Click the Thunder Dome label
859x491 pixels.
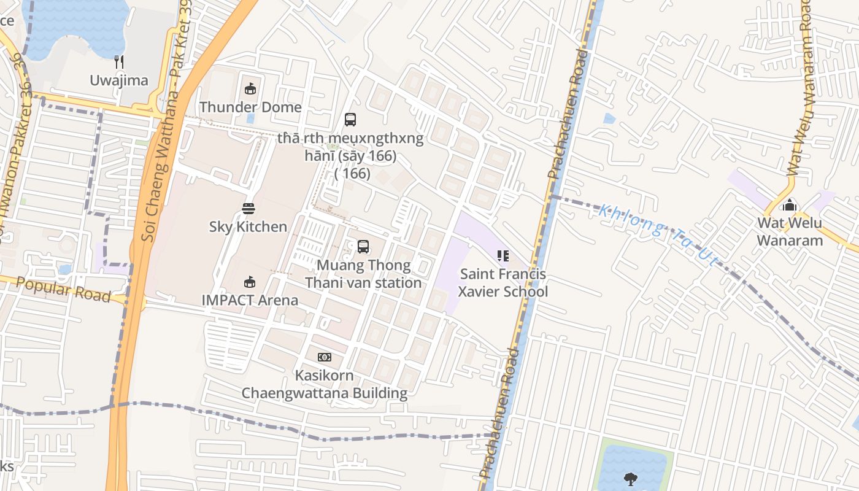250,107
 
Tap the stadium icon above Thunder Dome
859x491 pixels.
250,90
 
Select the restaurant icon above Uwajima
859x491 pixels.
119,62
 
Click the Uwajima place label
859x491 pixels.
119,80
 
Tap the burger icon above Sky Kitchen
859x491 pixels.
248,209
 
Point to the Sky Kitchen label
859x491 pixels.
248,227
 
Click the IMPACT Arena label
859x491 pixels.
250,301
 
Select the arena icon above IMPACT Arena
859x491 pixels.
250,282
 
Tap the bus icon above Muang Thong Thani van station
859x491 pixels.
363,247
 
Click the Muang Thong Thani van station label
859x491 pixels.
363,274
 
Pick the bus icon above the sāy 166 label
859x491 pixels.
350,120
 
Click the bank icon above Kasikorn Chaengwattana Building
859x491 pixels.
324,357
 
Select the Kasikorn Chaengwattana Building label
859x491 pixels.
324,384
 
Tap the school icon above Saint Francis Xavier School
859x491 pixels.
503,256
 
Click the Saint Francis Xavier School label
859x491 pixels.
503,282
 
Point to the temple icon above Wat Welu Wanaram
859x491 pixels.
790,204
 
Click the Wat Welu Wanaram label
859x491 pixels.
790,231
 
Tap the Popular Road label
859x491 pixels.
63,289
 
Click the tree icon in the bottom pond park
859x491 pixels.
630,479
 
